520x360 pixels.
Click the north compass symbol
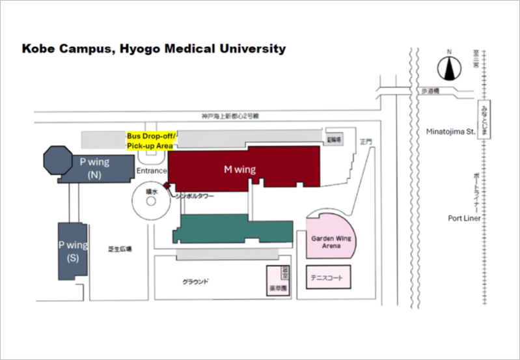(448, 68)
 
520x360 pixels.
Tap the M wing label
(240, 169)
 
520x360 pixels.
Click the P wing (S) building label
(73, 251)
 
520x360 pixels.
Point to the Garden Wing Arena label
(331, 242)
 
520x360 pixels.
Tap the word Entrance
(152, 171)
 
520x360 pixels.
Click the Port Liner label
(464, 218)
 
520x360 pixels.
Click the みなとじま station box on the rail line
(484, 120)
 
